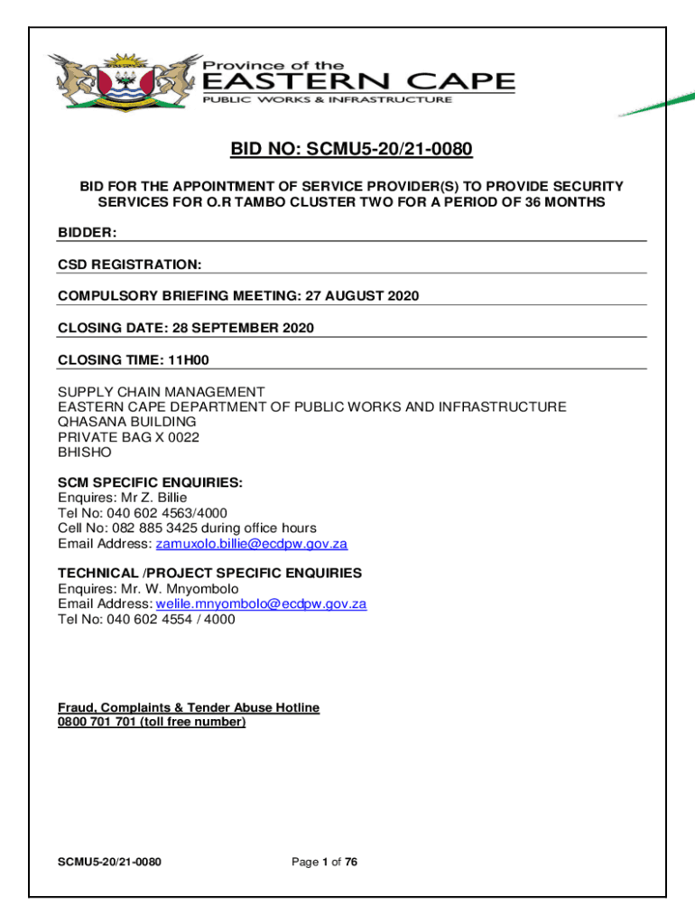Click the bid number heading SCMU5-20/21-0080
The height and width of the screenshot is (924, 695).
[x=351, y=148]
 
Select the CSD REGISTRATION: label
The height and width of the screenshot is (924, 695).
[x=130, y=264]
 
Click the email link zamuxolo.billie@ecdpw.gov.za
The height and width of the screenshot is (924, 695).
[x=252, y=544]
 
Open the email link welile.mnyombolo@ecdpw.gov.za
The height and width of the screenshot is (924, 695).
[x=261, y=604]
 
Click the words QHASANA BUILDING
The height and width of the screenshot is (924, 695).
[x=127, y=421]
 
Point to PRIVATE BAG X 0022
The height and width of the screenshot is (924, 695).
[x=129, y=437]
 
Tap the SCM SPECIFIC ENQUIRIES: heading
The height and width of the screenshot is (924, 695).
[x=150, y=483]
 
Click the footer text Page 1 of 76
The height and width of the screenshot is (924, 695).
[x=325, y=863]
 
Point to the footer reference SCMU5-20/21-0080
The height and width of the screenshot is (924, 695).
[x=110, y=863]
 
